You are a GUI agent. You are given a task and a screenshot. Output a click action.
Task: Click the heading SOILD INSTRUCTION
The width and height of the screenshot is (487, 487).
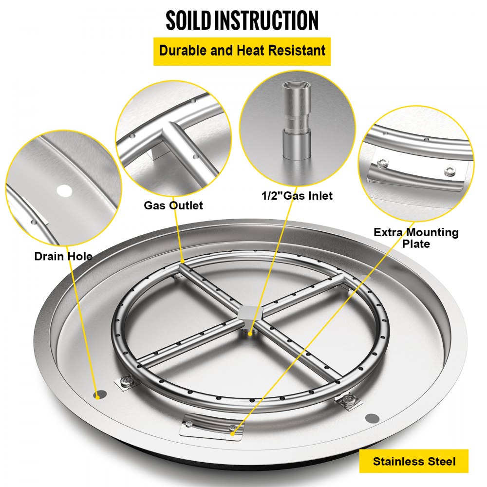tap(242, 20)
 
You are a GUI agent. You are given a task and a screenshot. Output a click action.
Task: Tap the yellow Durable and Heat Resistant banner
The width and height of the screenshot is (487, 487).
tap(242, 51)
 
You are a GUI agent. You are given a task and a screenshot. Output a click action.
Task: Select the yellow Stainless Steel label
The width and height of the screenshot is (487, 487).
tap(414, 461)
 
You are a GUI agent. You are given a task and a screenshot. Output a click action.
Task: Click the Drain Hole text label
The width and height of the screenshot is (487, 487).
tap(63, 256)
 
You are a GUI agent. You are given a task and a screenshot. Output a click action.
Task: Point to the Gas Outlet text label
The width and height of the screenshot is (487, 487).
tap(173, 205)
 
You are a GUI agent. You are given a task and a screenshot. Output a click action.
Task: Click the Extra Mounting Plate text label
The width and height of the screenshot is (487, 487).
tap(416, 238)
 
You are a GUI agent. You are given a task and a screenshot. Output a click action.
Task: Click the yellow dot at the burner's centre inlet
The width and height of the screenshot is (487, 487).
tap(250, 334)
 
